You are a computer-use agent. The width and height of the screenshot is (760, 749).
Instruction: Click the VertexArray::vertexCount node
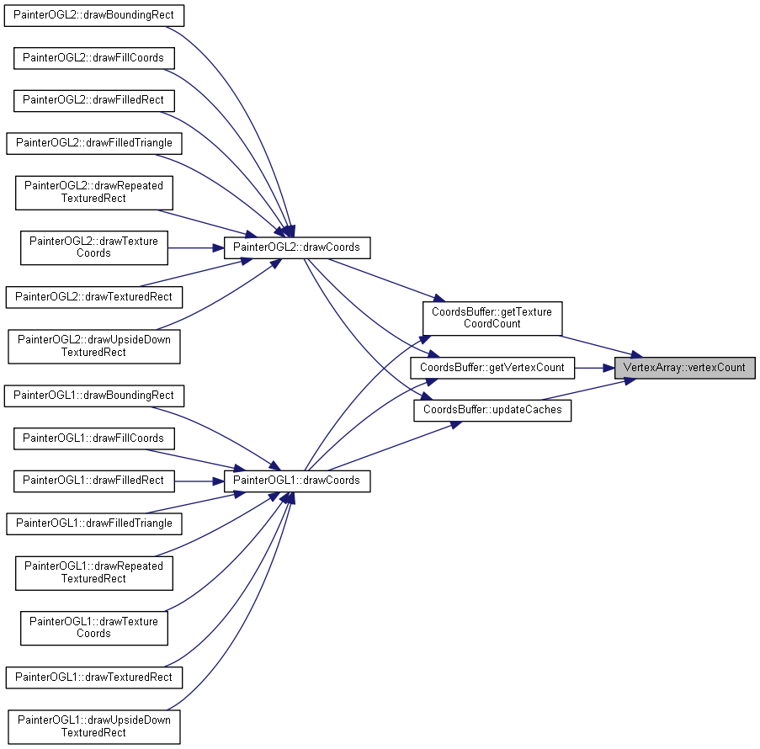point(684,368)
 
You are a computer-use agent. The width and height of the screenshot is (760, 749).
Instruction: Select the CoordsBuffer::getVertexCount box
point(492,368)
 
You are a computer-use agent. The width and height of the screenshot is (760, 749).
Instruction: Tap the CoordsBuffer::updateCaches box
point(492,410)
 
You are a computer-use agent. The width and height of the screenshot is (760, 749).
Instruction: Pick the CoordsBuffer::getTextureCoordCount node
point(492,318)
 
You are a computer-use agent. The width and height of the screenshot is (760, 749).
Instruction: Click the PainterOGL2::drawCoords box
point(296,247)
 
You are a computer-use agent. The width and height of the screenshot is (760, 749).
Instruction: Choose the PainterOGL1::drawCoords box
point(296,481)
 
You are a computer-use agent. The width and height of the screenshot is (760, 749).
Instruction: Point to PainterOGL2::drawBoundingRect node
point(94,15)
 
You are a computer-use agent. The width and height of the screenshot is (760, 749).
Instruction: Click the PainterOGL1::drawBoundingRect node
point(94,396)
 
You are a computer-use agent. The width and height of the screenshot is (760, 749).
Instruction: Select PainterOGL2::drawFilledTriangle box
point(94,144)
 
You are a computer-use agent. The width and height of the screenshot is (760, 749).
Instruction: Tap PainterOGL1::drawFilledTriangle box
point(94,524)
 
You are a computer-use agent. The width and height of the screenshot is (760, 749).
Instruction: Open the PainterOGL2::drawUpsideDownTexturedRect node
point(94,347)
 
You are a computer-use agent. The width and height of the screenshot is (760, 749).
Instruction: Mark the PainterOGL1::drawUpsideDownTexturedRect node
point(94,727)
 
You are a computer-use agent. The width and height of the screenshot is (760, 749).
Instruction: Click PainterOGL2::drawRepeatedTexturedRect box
point(94,193)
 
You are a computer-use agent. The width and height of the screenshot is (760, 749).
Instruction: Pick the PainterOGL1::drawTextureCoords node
point(94,629)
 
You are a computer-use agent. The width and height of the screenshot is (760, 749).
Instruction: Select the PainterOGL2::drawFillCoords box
point(94,58)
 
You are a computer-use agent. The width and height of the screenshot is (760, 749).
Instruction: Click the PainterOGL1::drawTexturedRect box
point(94,677)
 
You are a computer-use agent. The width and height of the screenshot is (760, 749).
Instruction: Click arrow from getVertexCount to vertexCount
point(594,368)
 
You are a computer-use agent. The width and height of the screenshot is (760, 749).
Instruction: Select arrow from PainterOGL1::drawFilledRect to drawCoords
point(199,481)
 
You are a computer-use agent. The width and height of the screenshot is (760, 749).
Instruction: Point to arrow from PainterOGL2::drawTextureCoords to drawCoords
point(196,247)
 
